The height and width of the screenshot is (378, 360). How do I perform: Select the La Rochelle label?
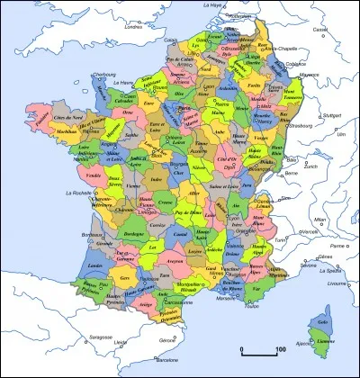[77, 193]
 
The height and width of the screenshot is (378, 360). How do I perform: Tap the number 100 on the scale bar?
[280, 348]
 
